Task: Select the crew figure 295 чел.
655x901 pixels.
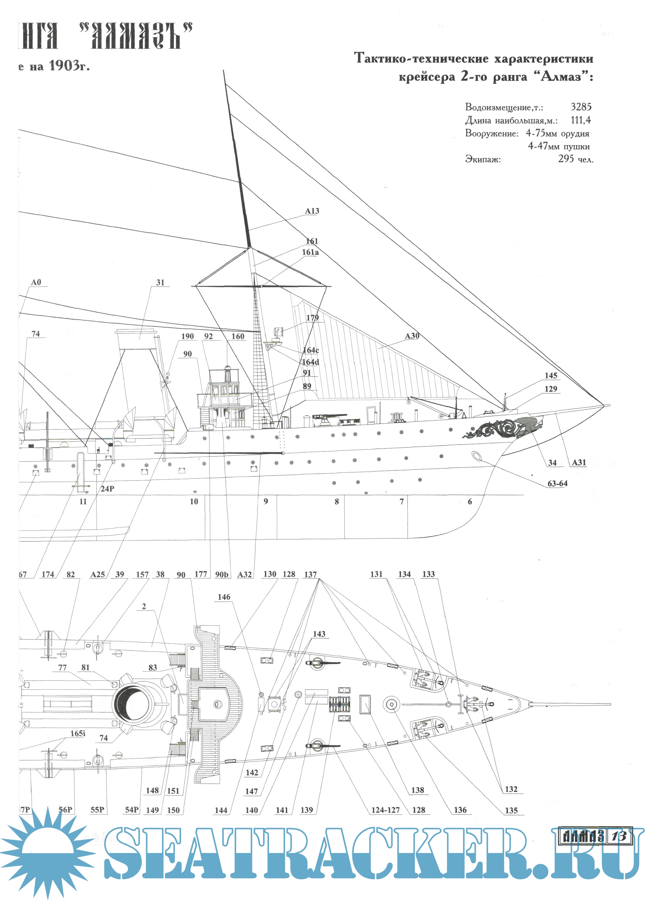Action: tap(576, 159)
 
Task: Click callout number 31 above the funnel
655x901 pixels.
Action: tap(160, 282)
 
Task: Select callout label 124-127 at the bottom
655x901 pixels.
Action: tap(385, 810)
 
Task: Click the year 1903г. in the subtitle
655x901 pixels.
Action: tap(70, 66)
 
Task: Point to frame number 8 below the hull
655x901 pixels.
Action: tap(336, 501)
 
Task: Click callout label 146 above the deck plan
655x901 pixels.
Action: tap(224, 597)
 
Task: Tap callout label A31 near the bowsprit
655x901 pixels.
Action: tap(579, 463)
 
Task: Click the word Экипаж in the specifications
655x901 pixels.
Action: tap(483, 160)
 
